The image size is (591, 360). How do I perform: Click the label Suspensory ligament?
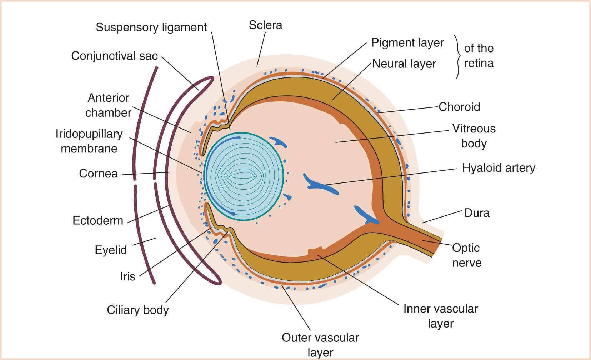click(151, 27)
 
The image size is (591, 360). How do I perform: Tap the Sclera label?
click(265, 25)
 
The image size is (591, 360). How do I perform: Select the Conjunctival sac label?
click(114, 56)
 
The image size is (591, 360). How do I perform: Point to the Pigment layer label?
click(407, 43)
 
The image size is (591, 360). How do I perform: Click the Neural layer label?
click(404, 64)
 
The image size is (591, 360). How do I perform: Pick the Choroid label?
click(459, 107)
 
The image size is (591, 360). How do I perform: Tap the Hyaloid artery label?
click(499, 168)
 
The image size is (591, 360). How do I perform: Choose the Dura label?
click(477, 213)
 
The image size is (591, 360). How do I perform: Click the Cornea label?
click(98, 174)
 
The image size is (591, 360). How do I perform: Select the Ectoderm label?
click(98, 220)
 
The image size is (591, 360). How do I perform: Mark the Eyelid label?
click(111, 250)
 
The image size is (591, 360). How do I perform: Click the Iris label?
click(127, 276)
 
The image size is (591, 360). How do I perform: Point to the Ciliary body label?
click(138, 310)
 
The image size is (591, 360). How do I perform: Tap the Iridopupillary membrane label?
click(89, 141)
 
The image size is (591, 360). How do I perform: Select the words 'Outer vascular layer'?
click(320, 345)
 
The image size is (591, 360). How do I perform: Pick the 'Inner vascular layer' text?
click(441, 316)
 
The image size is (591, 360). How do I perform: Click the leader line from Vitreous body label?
click(393, 136)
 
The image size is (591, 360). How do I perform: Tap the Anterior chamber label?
click(108, 105)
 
